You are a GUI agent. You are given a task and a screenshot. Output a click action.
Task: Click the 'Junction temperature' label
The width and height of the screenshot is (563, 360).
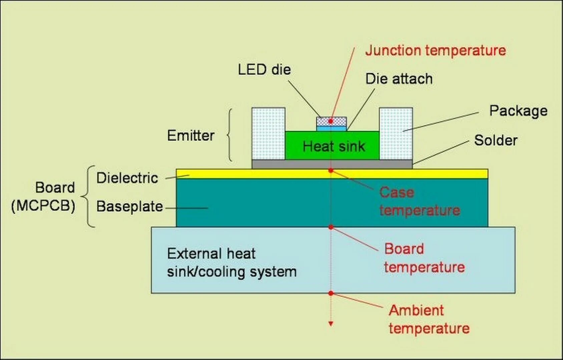tap(435, 51)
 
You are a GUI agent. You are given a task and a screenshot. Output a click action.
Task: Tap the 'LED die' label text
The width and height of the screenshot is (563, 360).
tap(264, 70)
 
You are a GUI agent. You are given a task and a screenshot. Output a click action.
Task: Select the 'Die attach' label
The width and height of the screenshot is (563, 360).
tap(399, 79)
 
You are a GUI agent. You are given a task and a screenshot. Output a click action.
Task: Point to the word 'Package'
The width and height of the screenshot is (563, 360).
tap(518, 111)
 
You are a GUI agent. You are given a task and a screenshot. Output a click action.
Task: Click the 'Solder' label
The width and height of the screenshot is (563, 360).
tap(496, 140)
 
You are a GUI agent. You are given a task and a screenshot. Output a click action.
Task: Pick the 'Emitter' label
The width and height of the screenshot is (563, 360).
tap(190, 136)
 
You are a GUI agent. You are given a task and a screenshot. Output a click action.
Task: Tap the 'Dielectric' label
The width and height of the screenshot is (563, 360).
tap(127, 178)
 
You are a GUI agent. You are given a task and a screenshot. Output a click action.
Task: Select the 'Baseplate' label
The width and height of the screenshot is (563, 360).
tap(129, 207)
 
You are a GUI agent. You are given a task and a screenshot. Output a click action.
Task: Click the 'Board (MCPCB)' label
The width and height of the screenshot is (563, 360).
tap(43, 197)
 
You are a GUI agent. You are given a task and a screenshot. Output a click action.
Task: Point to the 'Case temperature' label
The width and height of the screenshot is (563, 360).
tap(419, 201)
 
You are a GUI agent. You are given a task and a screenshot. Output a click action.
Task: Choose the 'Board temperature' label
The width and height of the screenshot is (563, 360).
tap(424, 258)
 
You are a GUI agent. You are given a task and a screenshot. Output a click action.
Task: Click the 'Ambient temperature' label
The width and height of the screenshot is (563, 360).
tap(429, 319)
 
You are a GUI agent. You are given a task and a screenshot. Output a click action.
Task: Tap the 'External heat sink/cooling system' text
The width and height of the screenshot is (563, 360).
tap(231, 263)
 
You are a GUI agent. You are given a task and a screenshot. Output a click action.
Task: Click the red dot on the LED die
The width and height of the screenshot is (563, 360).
tap(331, 121)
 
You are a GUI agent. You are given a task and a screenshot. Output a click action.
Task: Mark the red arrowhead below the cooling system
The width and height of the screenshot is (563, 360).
tap(331, 324)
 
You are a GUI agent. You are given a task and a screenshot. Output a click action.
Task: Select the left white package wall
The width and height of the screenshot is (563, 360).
tap(268, 133)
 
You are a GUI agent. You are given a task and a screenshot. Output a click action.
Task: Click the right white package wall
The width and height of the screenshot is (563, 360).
tap(396, 133)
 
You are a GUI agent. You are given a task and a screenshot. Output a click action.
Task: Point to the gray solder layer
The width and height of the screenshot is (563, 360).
tap(332, 164)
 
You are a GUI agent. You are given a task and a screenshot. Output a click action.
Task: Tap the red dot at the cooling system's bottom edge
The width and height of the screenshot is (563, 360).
tap(331, 293)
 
